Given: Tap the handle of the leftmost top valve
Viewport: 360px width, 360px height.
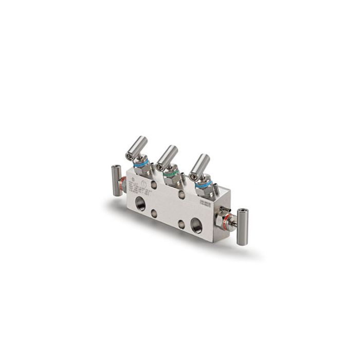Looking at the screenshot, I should pos(137,146).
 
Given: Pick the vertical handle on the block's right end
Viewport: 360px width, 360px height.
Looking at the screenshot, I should pos(242,226).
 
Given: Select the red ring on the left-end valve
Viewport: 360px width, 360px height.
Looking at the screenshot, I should pos(122,183).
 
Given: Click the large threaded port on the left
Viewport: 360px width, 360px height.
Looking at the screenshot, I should pos(139,203).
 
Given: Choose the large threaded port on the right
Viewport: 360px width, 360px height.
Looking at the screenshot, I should pos(196,225).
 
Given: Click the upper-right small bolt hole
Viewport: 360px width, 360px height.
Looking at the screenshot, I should pos(182,195).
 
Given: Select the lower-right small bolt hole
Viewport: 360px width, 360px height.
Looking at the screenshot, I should pos(181,225).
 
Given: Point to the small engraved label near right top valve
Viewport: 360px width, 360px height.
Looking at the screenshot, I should pos(205,204).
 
